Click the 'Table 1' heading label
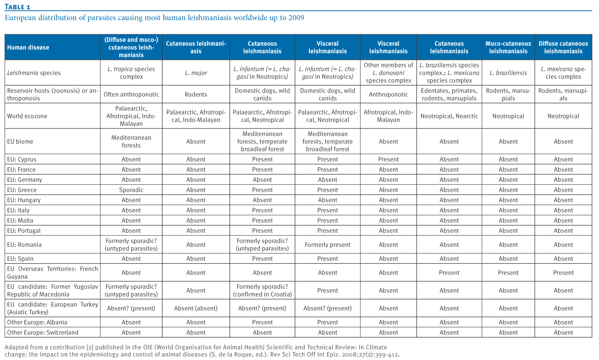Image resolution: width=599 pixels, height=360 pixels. pyautogui.click(x=17, y=7)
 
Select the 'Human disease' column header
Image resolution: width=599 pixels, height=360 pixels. pyautogui.click(x=28, y=48)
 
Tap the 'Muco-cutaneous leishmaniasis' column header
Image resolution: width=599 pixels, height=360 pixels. pyautogui.click(x=508, y=48)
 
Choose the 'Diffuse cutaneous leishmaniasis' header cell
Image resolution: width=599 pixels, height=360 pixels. pyautogui.click(x=563, y=48)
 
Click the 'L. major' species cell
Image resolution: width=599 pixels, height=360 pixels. pyautogui.click(x=196, y=73)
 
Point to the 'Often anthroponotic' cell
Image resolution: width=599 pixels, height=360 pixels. pyautogui.click(x=131, y=95)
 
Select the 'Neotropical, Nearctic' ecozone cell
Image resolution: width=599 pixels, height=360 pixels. pyautogui.click(x=449, y=116)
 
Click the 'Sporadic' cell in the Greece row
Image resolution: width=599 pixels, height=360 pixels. pyautogui.click(x=131, y=190)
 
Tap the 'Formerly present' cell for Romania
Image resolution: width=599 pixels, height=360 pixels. pyautogui.click(x=327, y=245)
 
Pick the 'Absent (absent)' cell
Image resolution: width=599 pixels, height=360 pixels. pyautogui.click(x=196, y=309)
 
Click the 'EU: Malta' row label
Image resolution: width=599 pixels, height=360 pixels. pyautogui.click(x=20, y=220)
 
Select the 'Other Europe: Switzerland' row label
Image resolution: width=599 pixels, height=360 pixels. pyautogui.click(x=43, y=332)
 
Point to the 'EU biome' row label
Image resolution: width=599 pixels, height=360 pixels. pyautogui.click(x=20, y=141)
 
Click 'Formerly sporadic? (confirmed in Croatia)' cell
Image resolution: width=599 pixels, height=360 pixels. pyautogui.click(x=262, y=290)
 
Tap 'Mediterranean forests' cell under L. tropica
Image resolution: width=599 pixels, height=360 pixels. pyautogui.click(x=131, y=141)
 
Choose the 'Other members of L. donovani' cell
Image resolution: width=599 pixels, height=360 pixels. pyautogui.click(x=388, y=69)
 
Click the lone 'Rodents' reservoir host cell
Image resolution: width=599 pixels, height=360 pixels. pyautogui.click(x=196, y=95)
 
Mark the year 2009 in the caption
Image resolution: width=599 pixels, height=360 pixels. pyautogui.click(x=296, y=18)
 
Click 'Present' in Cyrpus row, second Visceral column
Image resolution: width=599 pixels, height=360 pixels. pyautogui.click(x=388, y=159)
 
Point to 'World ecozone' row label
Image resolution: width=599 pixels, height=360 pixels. pyautogui.click(x=27, y=116)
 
